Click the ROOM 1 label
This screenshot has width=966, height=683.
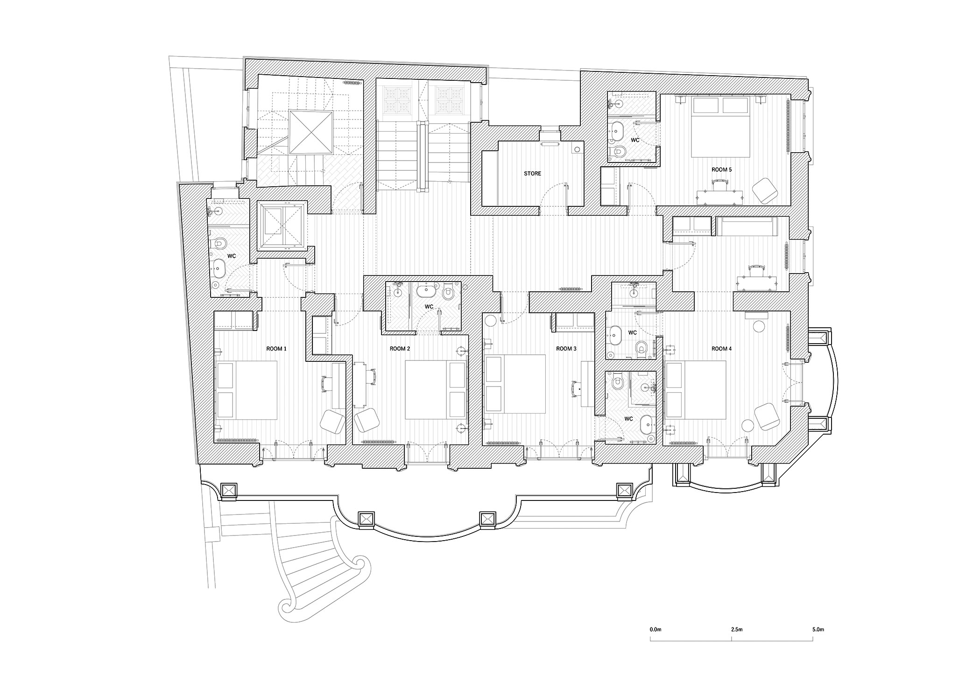click(276, 349)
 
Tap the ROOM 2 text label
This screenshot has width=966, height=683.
click(400, 349)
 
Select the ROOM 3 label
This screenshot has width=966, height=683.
click(566, 349)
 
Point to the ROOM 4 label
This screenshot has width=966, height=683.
click(721, 349)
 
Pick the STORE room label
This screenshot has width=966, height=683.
click(532, 173)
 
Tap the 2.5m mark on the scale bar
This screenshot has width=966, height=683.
click(737, 629)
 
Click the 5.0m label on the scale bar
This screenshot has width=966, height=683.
click(818, 629)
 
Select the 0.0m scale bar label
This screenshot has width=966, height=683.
click(656, 629)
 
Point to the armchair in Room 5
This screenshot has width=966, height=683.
click(765, 191)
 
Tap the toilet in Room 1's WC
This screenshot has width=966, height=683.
click(219, 244)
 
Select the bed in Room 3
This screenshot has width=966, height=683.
click(515, 384)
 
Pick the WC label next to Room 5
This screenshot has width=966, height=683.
click(635, 140)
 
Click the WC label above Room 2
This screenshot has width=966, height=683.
click(429, 307)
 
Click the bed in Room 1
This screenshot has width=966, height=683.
click(246, 390)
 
